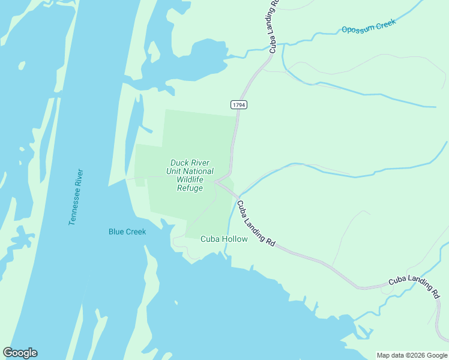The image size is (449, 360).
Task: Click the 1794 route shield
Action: point(239,104)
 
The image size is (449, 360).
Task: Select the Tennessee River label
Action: point(77,197)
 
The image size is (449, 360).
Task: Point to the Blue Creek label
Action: point(127,232)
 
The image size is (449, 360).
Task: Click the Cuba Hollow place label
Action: point(224,239)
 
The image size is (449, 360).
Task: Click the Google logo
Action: point(20,353)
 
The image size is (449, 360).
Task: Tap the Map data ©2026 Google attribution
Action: point(412,355)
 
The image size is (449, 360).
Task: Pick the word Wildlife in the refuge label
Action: point(190,179)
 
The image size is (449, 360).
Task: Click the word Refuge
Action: point(190,188)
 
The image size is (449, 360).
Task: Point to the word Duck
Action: point(180,162)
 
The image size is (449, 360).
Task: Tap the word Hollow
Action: point(235,239)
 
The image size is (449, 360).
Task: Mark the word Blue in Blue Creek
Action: point(116,232)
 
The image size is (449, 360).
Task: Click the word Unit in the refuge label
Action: point(173,171)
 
